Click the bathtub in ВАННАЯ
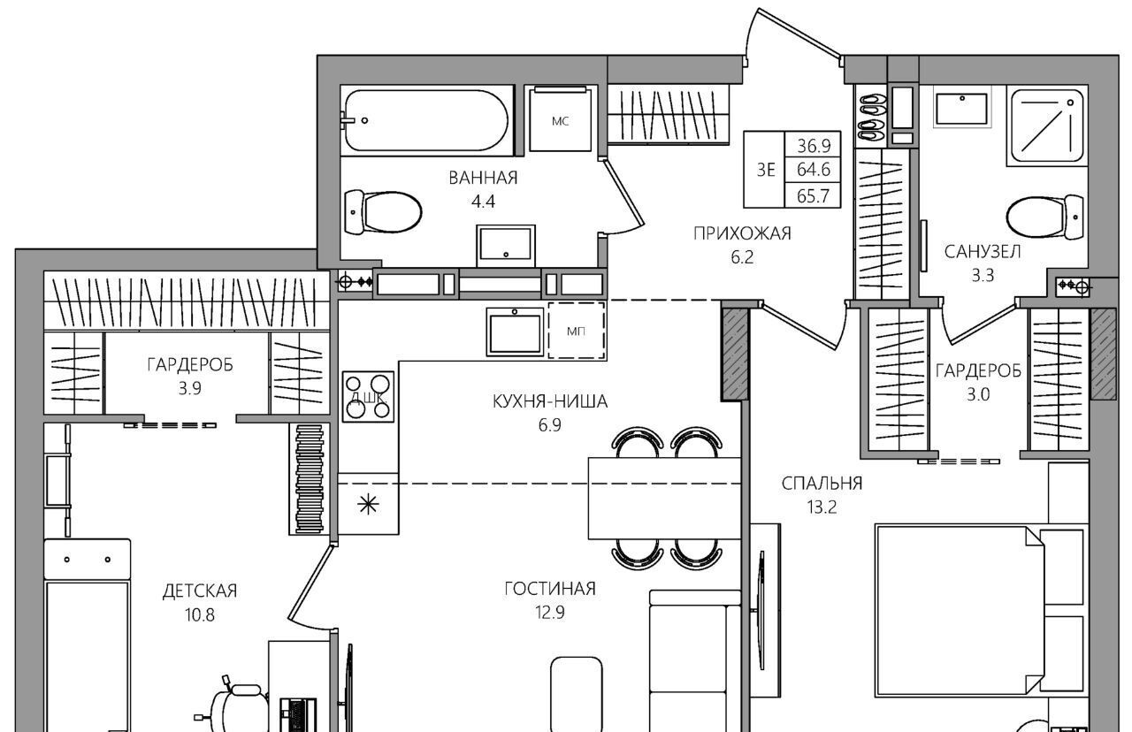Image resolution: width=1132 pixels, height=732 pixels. pyautogui.click(x=425, y=120)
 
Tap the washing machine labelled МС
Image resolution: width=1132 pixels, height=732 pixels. pyautogui.click(x=561, y=119)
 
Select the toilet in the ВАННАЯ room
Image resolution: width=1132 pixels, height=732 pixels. pyautogui.click(x=383, y=212)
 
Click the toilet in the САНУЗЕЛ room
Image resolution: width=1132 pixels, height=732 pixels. pyautogui.click(x=1044, y=218)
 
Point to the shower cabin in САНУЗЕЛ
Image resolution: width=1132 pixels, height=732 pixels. pyautogui.click(x=1045, y=126)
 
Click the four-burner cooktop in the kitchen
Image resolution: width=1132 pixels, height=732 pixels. pyautogui.click(x=367, y=397)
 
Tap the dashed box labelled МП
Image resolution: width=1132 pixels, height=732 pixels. pyautogui.click(x=577, y=331)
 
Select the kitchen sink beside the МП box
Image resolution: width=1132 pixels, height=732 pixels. pyautogui.click(x=515, y=332)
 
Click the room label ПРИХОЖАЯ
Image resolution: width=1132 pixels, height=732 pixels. pyautogui.click(x=742, y=233)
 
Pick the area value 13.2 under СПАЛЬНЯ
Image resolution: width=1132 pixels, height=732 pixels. pyautogui.click(x=822, y=507)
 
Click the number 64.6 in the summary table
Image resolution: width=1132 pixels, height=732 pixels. pyautogui.click(x=813, y=169)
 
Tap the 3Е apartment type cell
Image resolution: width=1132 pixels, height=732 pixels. pyautogui.click(x=765, y=170)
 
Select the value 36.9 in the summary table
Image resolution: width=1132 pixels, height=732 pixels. pyautogui.click(x=814, y=146)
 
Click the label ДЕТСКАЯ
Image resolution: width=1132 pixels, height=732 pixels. pyautogui.click(x=200, y=591)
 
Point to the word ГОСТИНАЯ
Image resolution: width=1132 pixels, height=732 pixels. pyautogui.click(x=550, y=589)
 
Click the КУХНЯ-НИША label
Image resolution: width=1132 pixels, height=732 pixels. pyautogui.click(x=550, y=401)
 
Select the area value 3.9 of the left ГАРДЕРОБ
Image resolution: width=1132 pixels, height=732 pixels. pyautogui.click(x=189, y=388)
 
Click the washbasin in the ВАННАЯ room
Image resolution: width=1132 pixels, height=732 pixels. pyautogui.click(x=505, y=246)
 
